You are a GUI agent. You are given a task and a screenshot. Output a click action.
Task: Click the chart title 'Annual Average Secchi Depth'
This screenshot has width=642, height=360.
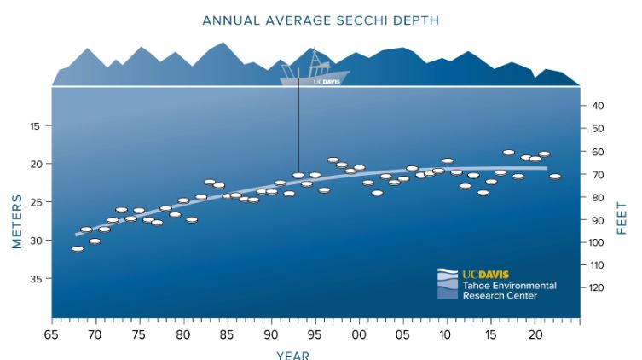pyautogui.click(x=321, y=20)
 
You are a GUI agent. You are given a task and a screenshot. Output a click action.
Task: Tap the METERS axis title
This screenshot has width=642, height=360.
pyautogui.click(x=17, y=222)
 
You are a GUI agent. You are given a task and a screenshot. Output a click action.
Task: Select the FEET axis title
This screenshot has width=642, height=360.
pyautogui.click(x=622, y=218)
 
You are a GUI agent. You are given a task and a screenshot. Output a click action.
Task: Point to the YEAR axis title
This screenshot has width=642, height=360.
pyautogui.click(x=292, y=355)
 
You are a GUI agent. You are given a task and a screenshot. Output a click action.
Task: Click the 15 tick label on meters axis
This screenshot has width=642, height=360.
pyautogui.click(x=35, y=126)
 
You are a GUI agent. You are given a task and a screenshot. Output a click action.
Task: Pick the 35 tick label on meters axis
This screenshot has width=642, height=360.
pyautogui.click(x=35, y=279)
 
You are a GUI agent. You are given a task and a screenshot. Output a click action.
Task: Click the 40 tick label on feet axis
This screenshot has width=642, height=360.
pyautogui.click(x=598, y=106)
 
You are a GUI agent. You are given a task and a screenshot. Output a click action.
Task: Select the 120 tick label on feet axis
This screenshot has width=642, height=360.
pyautogui.click(x=597, y=288)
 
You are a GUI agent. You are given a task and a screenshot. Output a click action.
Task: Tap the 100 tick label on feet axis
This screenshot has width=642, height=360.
pyautogui.click(x=597, y=242)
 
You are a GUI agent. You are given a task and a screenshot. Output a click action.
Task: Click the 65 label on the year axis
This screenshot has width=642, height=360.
pyautogui.click(x=51, y=335)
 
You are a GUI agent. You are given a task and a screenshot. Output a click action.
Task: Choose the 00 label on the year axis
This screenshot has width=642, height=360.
pyautogui.click(x=359, y=335)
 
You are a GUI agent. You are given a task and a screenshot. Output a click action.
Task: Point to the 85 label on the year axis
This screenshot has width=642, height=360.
pyautogui.click(x=227, y=335)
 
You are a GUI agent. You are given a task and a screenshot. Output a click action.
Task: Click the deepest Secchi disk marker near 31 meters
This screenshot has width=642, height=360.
pyautogui.click(x=78, y=249)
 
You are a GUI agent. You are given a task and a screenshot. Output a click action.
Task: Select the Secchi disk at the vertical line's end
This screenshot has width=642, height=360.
pyautogui.click(x=298, y=175)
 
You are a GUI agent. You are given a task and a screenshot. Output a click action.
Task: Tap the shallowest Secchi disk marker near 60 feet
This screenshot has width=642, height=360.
pyautogui.click(x=508, y=153)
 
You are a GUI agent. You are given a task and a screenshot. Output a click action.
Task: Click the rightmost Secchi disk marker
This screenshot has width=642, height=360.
pyautogui.click(x=555, y=177)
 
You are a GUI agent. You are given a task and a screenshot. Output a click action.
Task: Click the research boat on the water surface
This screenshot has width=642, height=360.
pyautogui.click(x=315, y=71)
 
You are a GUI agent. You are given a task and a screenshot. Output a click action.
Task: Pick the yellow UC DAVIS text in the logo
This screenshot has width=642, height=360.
pyautogui.click(x=486, y=275)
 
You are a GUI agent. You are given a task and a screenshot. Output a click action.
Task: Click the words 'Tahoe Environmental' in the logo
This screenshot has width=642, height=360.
pyautogui.click(x=510, y=286)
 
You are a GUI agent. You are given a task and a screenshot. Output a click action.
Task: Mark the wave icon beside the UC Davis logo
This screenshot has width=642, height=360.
pyautogui.click(x=448, y=284)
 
